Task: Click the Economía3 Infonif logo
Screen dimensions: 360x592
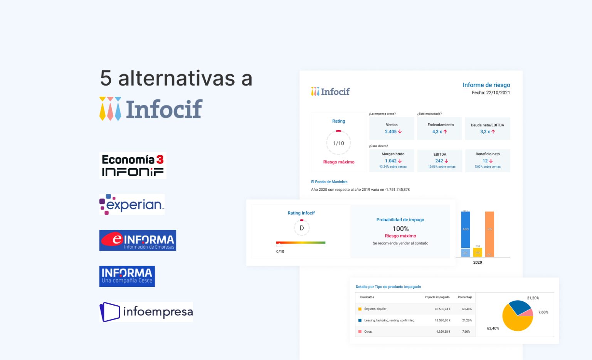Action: point(133,165)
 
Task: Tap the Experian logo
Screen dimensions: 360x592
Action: point(132,204)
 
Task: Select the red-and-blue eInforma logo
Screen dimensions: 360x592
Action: point(138,240)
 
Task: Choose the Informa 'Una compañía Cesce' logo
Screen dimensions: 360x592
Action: point(127,276)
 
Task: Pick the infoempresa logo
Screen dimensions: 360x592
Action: point(146,312)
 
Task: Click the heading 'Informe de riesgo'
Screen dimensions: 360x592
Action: point(486,85)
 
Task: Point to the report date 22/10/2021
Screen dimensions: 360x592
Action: point(498,93)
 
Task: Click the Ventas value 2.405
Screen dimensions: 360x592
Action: point(391,132)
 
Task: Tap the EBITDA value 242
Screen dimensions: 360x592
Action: point(439,161)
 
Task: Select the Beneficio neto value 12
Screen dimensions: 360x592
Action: point(485,161)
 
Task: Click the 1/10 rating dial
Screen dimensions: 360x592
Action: point(338,143)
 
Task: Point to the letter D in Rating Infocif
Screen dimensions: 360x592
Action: point(301,228)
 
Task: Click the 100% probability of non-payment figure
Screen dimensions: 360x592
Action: point(400,229)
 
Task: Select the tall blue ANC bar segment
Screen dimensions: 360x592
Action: point(466,229)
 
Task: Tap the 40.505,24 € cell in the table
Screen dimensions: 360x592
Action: point(442,309)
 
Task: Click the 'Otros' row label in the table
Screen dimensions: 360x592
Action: point(368,331)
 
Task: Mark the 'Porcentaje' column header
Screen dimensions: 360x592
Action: point(465,297)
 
